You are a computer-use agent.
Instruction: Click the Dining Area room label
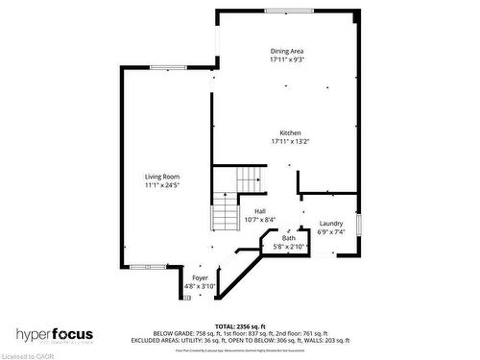pyautogui.click(x=289, y=51)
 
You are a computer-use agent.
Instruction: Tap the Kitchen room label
pyautogui.click(x=290, y=132)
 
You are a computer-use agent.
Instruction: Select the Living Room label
pyautogui.click(x=162, y=177)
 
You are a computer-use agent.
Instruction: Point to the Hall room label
pyautogui.click(x=259, y=210)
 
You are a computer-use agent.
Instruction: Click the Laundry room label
pyautogui.click(x=330, y=223)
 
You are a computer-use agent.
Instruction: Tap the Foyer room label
pyautogui.click(x=200, y=277)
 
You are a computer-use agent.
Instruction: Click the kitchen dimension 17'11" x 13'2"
pyautogui.click(x=290, y=141)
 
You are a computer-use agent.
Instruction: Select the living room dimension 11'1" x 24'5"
pyautogui.click(x=162, y=185)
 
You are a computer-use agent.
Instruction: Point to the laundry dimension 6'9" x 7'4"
pyautogui.click(x=330, y=231)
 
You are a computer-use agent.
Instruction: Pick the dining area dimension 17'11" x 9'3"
pyautogui.click(x=289, y=60)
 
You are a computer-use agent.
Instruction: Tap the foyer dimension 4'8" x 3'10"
pyautogui.click(x=200, y=286)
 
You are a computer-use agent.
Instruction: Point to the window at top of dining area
pyautogui.click(x=288, y=11)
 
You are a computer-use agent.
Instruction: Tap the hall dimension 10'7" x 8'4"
pyautogui.click(x=259, y=219)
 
